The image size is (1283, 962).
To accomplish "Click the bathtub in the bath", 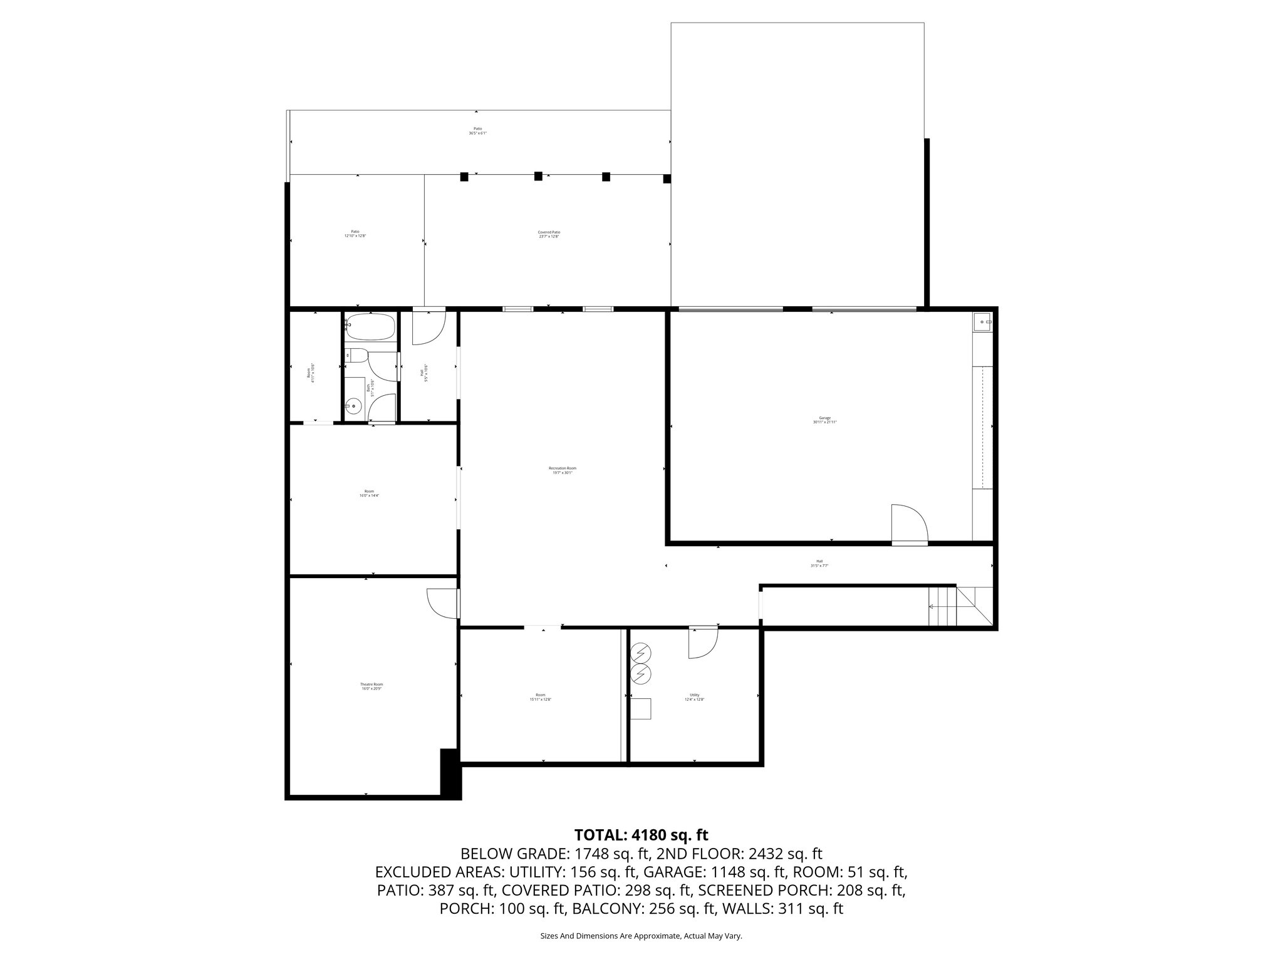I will (370, 327).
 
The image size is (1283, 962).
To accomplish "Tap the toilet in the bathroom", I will (356, 355).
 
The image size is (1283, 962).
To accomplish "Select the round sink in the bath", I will (355, 406).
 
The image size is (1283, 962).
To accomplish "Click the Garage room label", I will (824, 420).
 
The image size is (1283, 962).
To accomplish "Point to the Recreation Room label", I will (562, 470).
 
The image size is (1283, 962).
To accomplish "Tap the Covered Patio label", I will (549, 234).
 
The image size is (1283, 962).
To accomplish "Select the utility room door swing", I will (702, 643).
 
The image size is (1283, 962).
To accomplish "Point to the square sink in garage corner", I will (982, 323).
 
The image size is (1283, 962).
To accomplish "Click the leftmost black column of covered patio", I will (464, 177).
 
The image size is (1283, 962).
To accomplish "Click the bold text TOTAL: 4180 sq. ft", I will (641, 835).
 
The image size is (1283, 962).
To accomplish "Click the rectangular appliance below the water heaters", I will (641, 708).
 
